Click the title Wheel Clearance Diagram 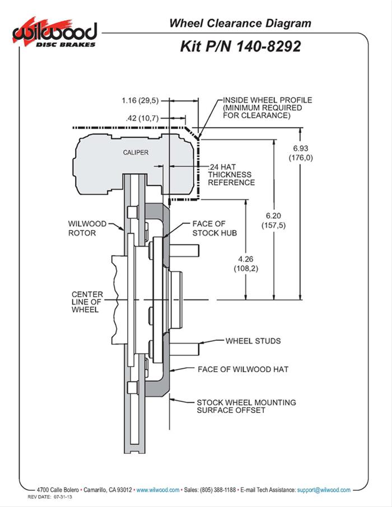[240, 24]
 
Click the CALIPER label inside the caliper [136, 152]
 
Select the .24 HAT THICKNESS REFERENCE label [231, 175]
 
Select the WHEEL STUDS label [253, 340]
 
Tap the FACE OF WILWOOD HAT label [243, 369]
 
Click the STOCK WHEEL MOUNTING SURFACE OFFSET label [246, 406]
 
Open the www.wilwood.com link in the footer [157, 490]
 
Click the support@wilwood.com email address [323, 490]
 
